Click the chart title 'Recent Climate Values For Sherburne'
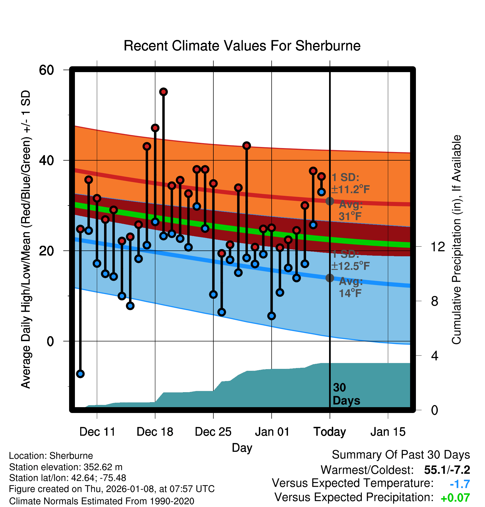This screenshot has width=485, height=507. [x=242, y=46]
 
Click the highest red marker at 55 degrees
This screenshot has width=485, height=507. [x=163, y=92]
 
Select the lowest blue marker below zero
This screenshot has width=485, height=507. [x=80, y=374]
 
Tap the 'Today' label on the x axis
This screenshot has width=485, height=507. [x=330, y=432]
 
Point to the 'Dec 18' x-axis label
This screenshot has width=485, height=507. [x=155, y=432]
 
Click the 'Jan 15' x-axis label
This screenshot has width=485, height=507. [x=388, y=432]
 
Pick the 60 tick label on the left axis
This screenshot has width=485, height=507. [x=46, y=70]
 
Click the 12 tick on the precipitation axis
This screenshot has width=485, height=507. [x=438, y=247]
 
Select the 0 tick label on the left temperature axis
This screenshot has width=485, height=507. [x=50, y=341]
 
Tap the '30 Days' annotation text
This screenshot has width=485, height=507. [x=346, y=394]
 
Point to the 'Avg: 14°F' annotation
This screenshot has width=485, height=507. [x=350, y=287]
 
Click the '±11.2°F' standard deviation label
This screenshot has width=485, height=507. [x=350, y=189]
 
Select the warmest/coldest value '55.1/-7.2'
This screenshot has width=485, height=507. [x=447, y=470]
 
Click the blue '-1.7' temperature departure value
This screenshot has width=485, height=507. [x=460, y=484]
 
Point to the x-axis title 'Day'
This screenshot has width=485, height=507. [x=242, y=448]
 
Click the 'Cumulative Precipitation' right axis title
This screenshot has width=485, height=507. [x=456, y=240]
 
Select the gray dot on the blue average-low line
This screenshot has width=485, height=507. [x=330, y=278]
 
